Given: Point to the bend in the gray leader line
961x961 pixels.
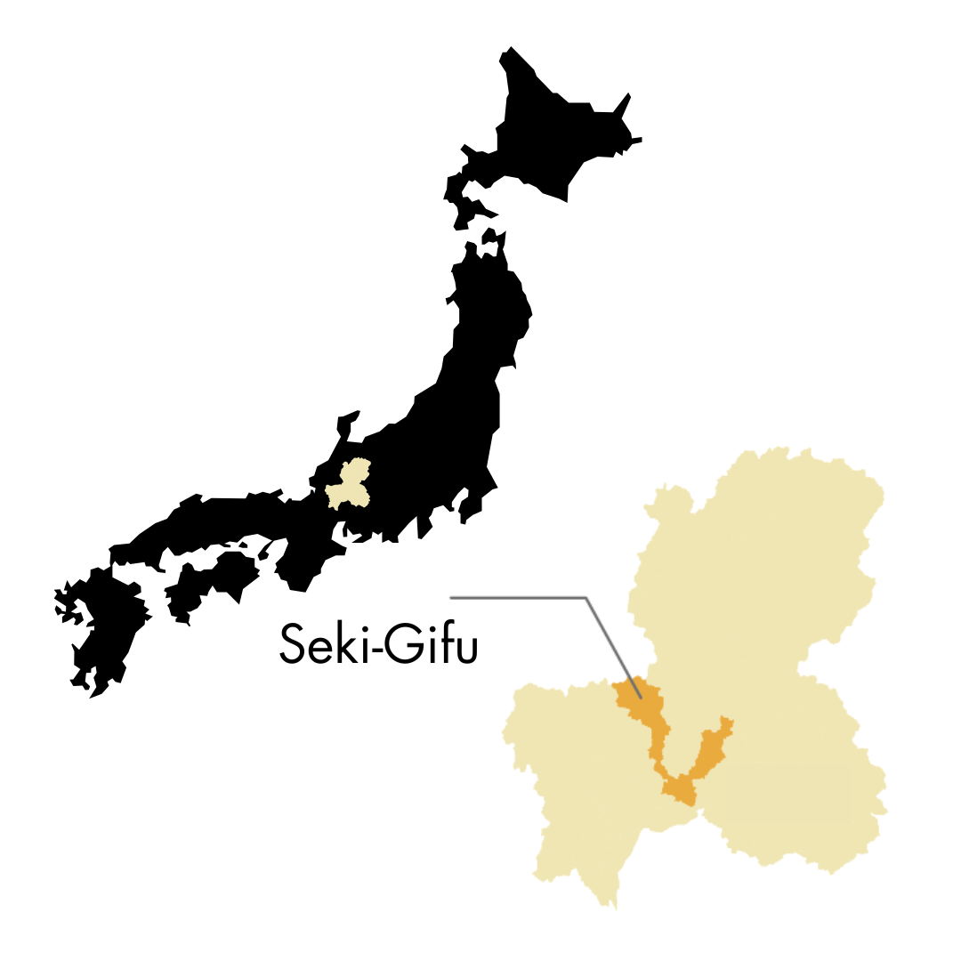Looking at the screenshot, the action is coord(585,598).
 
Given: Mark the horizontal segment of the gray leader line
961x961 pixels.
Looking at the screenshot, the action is coord(516,598).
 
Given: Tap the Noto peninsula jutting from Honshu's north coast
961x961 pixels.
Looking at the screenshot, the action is coord(345,418).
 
